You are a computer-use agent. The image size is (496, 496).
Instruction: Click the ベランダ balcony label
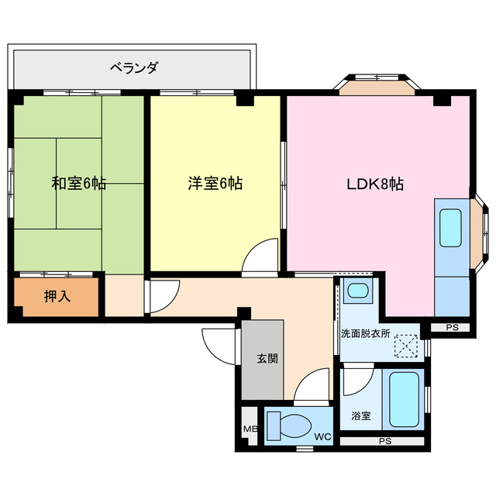pyautogui.click(x=132, y=68)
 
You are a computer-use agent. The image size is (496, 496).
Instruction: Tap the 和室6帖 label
pyautogui.click(x=78, y=184)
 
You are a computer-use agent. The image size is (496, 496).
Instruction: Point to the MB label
pyautogui.click(x=250, y=429)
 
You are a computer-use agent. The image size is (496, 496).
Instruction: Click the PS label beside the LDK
pyautogui.click(x=452, y=328)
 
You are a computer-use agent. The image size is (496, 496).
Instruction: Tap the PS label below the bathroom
pyautogui.click(x=384, y=442)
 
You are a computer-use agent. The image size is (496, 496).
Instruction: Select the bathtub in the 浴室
pyautogui.click(x=403, y=398)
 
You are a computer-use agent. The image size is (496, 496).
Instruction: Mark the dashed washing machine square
pyautogui.click(x=405, y=343)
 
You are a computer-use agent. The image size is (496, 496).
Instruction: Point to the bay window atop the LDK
pyautogui.click(x=376, y=84)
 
